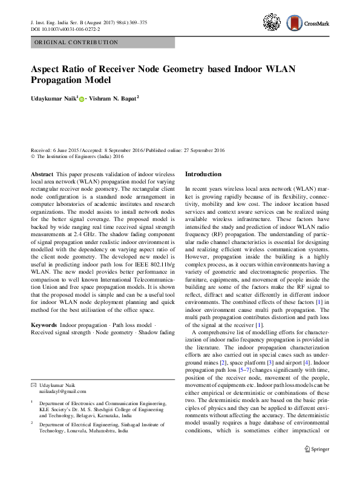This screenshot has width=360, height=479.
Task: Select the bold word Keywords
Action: (x=45, y=326)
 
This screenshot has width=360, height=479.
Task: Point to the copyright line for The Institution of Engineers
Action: (x=81, y=156)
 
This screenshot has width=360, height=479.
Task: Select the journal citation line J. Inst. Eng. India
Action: (x=88, y=22)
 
